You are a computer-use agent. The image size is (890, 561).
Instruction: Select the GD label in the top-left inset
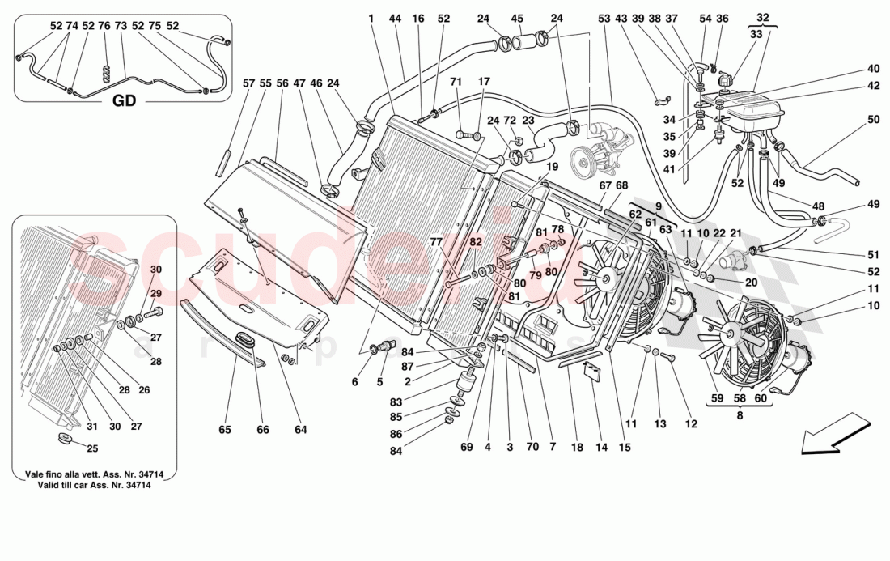(x=123, y=101)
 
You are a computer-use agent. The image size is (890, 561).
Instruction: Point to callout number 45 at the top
(x=517, y=19)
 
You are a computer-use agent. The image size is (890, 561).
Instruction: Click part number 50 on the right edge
(x=873, y=120)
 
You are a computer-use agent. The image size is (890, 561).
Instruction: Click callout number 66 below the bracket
(x=263, y=430)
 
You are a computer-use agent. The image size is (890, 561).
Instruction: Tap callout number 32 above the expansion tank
(x=762, y=17)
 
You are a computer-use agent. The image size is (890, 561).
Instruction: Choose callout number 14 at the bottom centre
(x=600, y=447)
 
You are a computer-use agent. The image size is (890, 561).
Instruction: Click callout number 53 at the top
(x=604, y=19)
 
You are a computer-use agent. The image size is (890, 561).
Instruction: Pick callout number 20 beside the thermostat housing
(x=752, y=283)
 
